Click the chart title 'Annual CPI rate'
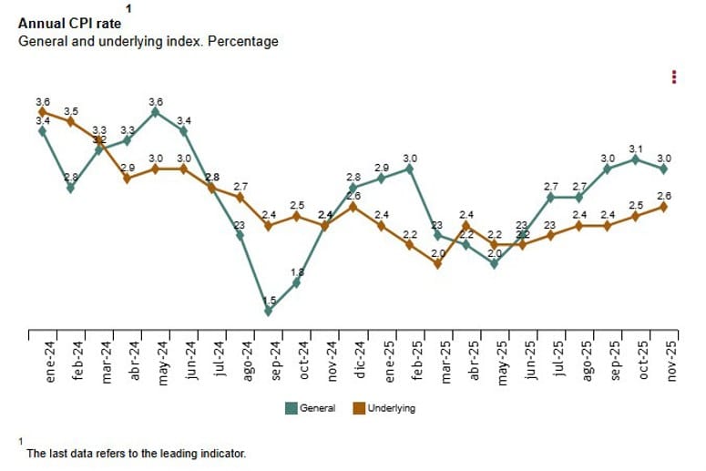coord(69,24)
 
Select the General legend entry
coord(312,408)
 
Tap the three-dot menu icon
coord(673,77)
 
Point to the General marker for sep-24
coord(268,311)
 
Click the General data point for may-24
coord(155,111)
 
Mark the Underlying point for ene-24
coord(42,111)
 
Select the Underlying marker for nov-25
coord(664,207)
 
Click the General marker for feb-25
coord(410,169)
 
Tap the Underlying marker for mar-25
coord(438,264)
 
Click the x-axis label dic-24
coord(360,360)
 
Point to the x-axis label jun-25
coord(529,360)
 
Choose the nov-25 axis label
coord(671,360)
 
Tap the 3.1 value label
coord(636,148)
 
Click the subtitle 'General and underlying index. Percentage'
coord(148,41)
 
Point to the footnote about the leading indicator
coord(136,452)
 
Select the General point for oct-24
coord(296,282)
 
